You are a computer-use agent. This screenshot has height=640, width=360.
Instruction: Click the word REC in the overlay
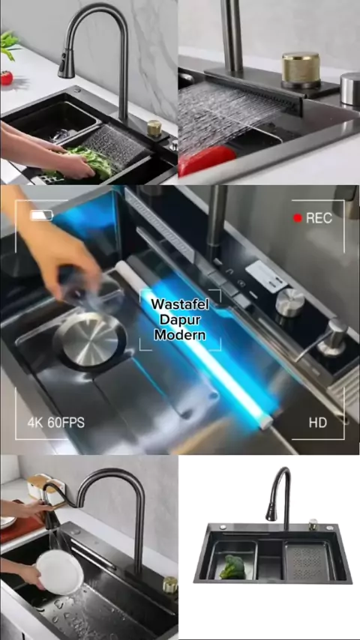pos(319,218)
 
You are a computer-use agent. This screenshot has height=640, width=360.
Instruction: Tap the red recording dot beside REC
pos(298,218)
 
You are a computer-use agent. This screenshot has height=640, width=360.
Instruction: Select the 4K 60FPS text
pos(56,423)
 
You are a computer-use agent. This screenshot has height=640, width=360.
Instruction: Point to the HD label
pos(317,423)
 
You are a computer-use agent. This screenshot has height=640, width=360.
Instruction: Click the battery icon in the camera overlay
pos(41,215)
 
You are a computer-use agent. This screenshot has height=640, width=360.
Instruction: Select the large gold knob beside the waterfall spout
pos(301,70)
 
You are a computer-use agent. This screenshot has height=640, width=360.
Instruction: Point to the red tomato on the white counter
pos(6,77)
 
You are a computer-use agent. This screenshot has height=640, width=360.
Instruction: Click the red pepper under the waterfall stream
pos(207,160)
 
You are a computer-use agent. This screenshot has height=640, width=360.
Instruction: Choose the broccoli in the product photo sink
pos(234,567)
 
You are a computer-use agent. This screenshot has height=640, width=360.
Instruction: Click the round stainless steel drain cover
pos(90,339)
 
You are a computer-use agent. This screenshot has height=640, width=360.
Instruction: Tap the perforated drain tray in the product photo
pos(309,561)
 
